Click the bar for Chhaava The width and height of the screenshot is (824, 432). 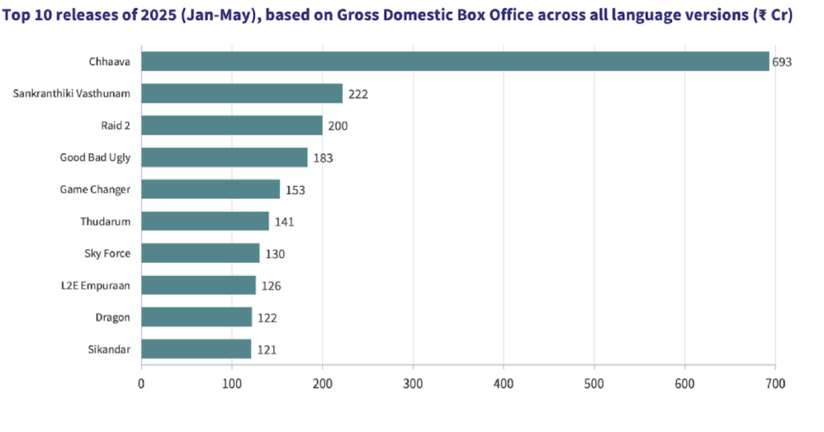(455, 62)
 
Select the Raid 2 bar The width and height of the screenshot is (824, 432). (232, 126)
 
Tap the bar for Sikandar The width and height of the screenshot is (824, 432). (196, 349)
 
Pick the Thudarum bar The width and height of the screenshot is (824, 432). (205, 221)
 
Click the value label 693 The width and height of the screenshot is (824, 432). (782, 62)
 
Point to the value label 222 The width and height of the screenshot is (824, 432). (358, 94)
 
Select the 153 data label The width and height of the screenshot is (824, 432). (296, 190)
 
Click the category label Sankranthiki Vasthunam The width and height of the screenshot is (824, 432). (72, 93)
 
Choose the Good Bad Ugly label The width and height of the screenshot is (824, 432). (95, 157)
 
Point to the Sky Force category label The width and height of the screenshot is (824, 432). (107, 253)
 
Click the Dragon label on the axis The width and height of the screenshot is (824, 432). (113, 317)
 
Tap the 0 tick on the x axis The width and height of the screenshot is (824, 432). (141, 383)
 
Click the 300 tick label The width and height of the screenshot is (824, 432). (413, 383)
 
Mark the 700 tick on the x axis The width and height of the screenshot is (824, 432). (774, 383)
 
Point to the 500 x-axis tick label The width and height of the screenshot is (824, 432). (594, 383)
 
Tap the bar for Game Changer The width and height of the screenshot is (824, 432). (211, 189)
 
